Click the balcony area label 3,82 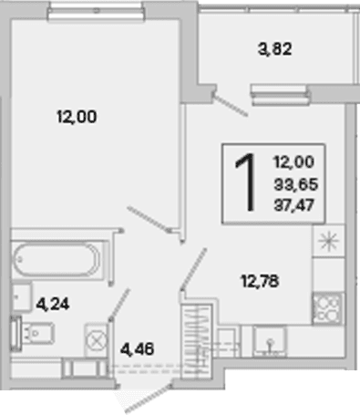pos(274,49)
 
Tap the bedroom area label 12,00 pos(77,117)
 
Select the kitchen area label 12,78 pos(260,281)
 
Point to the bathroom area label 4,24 pos(53,304)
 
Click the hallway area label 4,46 pos(138,349)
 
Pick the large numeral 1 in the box pos(245,182)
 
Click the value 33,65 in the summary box pos(296,184)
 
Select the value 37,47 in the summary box pos(293,205)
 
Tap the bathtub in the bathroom pos(57,259)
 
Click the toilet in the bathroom pos(33,333)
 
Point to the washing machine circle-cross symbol pos(97,339)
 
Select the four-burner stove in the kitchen pos(328,307)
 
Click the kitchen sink pos(270,341)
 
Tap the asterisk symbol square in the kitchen pos(328,241)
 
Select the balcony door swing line pos(231,105)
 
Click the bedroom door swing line pos(149,219)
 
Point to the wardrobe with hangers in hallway pos(196,341)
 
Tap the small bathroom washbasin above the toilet pos(21,297)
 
